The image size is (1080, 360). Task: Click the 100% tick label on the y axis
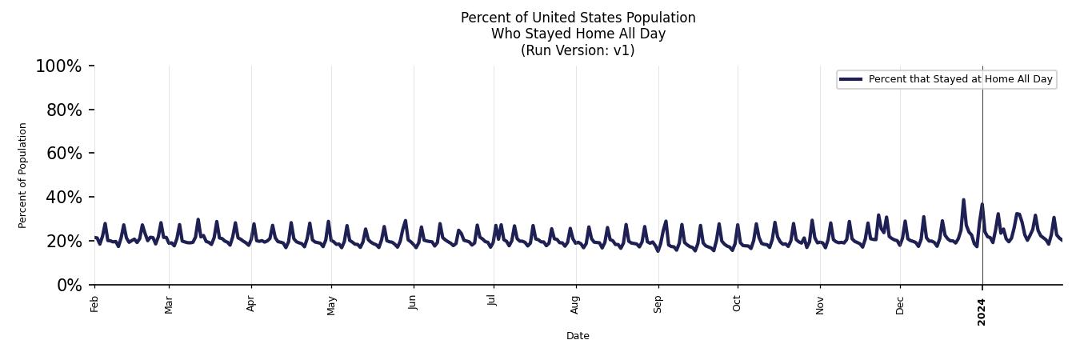pos(58,66)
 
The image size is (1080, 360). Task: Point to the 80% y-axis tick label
pos(64,110)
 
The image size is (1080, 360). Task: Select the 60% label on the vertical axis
pos(64,154)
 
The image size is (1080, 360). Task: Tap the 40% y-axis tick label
pos(64,198)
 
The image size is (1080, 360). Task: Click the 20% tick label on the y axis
pos(64,242)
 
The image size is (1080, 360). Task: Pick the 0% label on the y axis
pos(69,286)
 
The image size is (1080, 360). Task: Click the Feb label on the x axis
pos(94,304)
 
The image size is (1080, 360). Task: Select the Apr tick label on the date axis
pos(251,304)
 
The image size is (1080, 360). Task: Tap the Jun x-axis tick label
pos(413,303)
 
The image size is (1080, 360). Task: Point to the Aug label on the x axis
pos(575,305)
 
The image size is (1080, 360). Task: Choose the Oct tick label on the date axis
pos(737,303)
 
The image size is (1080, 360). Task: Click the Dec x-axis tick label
pos(900,305)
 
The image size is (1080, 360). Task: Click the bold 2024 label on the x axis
pos(982,312)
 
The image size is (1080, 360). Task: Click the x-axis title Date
pos(578,336)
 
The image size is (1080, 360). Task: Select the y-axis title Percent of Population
pos(23,175)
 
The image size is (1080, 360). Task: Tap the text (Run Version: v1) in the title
pos(578,50)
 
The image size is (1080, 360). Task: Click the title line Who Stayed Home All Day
pos(578,34)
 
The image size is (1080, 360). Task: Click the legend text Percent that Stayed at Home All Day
pos(960,79)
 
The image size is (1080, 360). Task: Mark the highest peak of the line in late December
pos(963,200)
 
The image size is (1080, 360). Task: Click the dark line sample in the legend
pos(851,79)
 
